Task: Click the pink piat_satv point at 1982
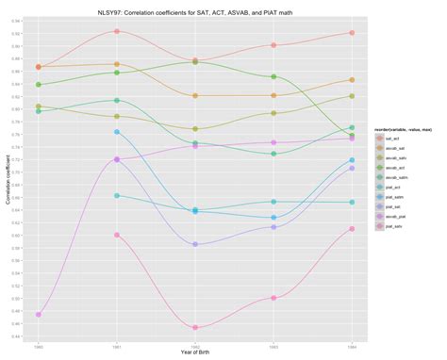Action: [x=194, y=328]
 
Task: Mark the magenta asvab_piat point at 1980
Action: [x=38, y=315]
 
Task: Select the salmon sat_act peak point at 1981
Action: [x=116, y=31]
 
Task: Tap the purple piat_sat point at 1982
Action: [x=194, y=244]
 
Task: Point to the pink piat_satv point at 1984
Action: [x=351, y=229]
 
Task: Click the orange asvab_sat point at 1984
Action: [x=351, y=80]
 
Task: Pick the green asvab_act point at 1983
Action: [x=273, y=77]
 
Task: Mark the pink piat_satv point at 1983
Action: [x=273, y=298]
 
